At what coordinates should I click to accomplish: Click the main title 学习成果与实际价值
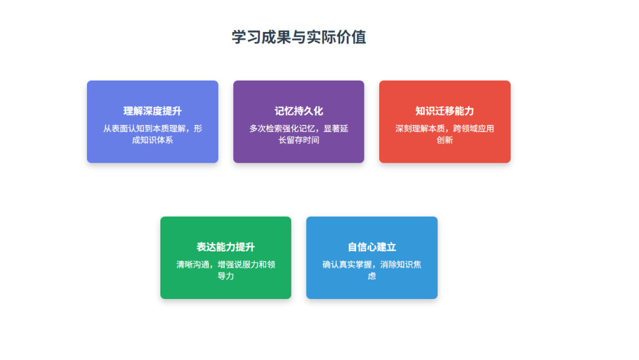pyautogui.click(x=299, y=37)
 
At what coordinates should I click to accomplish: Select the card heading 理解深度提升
pyautogui.click(x=153, y=111)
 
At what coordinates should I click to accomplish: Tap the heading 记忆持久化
pyautogui.click(x=299, y=111)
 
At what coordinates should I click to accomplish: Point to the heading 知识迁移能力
pyautogui.click(x=444, y=111)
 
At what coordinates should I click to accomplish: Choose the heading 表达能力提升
pyautogui.click(x=226, y=247)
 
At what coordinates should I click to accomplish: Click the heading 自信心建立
pyautogui.click(x=372, y=247)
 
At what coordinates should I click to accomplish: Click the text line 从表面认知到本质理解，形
pyautogui.click(x=153, y=128)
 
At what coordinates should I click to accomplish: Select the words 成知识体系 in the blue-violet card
pyautogui.click(x=153, y=140)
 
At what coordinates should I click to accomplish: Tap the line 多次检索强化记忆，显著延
pyautogui.click(x=299, y=128)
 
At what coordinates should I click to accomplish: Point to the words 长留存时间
pyautogui.click(x=299, y=140)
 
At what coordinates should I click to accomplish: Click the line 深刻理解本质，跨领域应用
pyautogui.click(x=444, y=128)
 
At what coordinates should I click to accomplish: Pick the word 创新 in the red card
pyautogui.click(x=444, y=140)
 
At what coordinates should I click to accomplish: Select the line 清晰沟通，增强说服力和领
pyautogui.click(x=226, y=264)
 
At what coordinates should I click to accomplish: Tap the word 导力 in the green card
pyautogui.click(x=226, y=275)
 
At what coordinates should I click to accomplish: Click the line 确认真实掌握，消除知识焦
pyautogui.click(x=372, y=264)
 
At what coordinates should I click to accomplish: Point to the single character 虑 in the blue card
pyautogui.click(x=372, y=275)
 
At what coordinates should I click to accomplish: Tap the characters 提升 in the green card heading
pyautogui.click(x=246, y=247)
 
